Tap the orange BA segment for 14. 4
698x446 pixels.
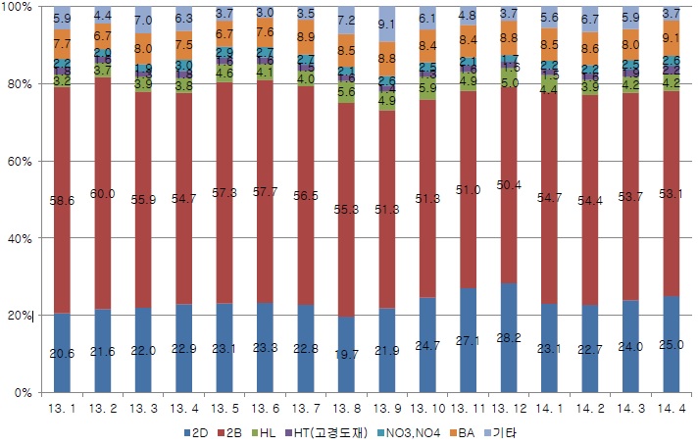click(x=672, y=40)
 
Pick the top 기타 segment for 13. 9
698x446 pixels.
click(x=386, y=25)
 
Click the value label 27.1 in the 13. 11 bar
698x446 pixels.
click(x=468, y=340)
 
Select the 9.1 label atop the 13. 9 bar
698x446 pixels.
click(x=386, y=24)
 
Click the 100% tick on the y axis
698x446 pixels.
click(x=19, y=8)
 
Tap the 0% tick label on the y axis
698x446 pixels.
click(x=25, y=392)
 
